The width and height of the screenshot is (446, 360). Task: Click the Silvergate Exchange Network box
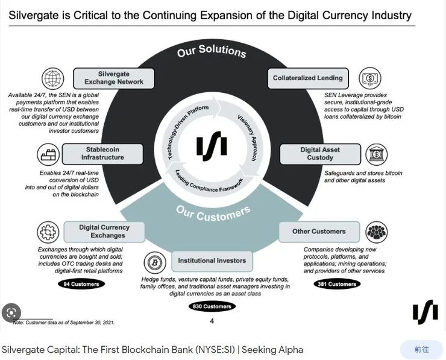click(x=114, y=78)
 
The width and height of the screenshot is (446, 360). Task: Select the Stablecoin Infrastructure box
click(x=102, y=154)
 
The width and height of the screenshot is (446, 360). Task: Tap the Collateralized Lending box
click(x=307, y=78)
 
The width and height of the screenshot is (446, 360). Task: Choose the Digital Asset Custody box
click(x=320, y=154)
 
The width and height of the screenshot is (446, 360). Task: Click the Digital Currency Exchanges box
click(x=104, y=232)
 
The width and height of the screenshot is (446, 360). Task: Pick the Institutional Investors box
click(x=212, y=261)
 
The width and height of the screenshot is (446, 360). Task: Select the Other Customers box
click(x=319, y=232)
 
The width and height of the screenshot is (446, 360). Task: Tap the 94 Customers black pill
click(x=81, y=283)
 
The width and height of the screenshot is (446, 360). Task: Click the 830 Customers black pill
click(x=212, y=306)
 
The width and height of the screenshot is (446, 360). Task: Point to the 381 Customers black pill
click(x=337, y=283)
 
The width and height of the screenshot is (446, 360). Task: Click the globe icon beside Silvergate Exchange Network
click(x=53, y=78)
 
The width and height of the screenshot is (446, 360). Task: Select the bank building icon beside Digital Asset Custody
click(x=377, y=154)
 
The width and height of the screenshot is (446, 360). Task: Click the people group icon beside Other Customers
click(x=377, y=232)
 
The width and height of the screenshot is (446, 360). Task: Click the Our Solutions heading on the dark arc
click(x=212, y=52)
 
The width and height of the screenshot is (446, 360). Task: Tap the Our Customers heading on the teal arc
click(x=213, y=212)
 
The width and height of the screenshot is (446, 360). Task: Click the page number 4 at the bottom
click(x=212, y=321)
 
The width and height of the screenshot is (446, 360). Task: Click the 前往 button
click(x=421, y=350)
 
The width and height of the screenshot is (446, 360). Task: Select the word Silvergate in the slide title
click(x=35, y=16)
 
